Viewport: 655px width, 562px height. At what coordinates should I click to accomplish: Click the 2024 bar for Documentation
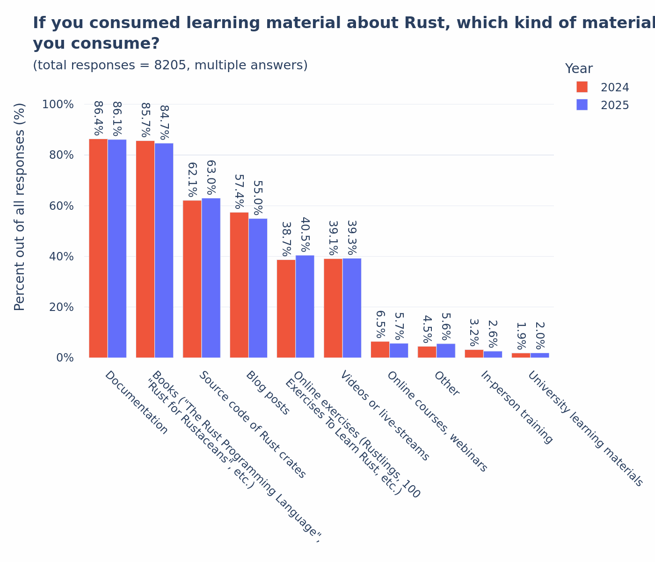(98, 248)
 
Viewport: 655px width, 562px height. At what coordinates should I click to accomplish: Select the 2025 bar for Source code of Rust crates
(211, 278)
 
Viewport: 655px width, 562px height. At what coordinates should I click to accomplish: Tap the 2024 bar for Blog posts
(239, 285)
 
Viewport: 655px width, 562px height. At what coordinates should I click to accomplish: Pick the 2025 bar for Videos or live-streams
(352, 308)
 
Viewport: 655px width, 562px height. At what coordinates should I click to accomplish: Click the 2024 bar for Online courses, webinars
(380, 349)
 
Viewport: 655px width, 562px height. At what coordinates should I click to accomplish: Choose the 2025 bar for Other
(446, 351)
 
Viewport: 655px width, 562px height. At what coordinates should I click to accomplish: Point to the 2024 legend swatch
(582, 87)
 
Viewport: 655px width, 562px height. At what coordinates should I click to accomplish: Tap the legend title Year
(579, 69)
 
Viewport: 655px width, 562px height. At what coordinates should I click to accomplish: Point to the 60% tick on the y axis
(58, 206)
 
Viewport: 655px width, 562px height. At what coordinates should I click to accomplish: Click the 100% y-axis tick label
(58, 104)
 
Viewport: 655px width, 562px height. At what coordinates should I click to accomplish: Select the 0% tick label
(65, 358)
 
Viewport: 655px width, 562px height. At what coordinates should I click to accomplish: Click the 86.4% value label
(98, 118)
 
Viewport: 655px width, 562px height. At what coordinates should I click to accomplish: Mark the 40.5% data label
(305, 234)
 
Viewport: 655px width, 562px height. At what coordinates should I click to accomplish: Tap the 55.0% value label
(258, 198)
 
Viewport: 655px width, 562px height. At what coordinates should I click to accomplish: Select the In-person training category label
(517, 407)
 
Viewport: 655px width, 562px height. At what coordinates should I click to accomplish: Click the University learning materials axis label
(585, 429)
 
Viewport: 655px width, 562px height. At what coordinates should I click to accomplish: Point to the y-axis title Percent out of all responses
(20, 207)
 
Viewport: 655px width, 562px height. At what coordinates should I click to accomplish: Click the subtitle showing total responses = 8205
(170, 66)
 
